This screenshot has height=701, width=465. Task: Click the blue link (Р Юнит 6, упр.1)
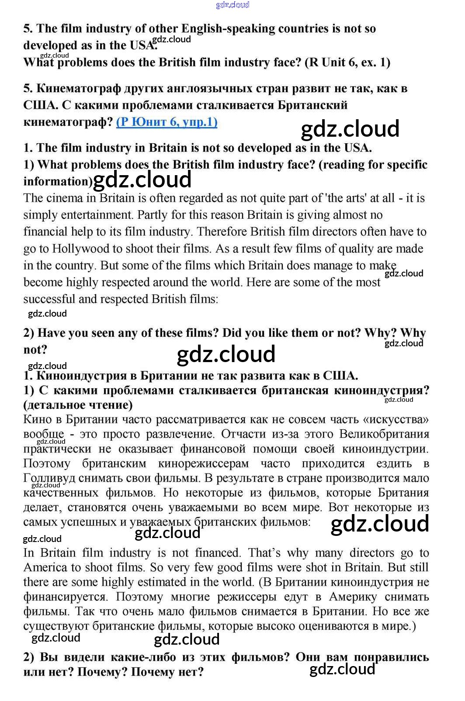(167, 122)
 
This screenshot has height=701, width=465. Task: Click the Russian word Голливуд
(49, 478)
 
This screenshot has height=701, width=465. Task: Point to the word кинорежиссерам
(203, 463)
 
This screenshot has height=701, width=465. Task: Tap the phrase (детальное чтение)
(78, 405)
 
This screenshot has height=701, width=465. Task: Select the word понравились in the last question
(391, 657)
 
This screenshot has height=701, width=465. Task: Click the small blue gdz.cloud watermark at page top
(232, 5)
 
